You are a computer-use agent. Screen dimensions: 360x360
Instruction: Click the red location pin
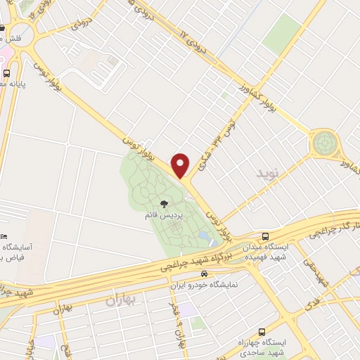(181, 165)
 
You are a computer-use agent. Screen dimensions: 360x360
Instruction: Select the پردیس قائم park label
(164, 216)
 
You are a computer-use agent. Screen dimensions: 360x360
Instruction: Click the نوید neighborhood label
(267, 173)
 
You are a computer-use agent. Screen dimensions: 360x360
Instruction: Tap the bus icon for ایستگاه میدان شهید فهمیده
(266, 236)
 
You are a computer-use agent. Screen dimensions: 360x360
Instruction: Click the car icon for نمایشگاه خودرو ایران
(204, 274)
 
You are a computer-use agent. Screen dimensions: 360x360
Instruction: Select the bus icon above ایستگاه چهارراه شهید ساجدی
(261, 331)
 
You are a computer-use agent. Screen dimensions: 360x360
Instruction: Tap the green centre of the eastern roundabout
(325, 143)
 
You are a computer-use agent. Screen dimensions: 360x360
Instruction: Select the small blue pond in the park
(203, 236)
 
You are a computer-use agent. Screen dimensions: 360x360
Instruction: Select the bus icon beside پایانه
(6, 72)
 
